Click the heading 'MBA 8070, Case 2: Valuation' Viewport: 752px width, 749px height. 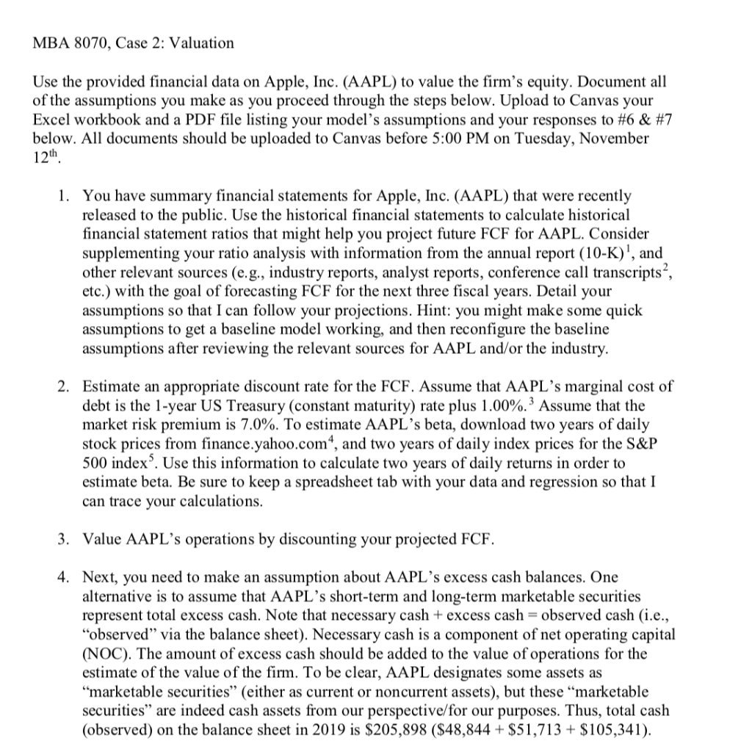click(134, 43)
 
